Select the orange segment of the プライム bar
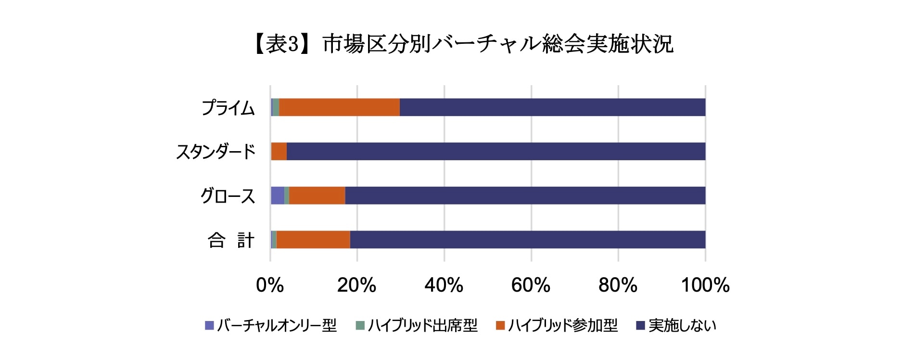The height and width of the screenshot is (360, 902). click(x=339, y=107)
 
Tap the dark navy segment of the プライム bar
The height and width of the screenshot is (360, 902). click(x=552, y=107)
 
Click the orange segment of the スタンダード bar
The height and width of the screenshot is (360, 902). click(x=279, y=152)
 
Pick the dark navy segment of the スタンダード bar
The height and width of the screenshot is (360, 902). click(x=495, y=152)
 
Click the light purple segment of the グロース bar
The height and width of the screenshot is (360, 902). click(x=277, y=196)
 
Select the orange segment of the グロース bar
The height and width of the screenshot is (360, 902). click(x=317, y=196)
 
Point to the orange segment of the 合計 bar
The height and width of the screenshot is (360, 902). click(x=313, y=240)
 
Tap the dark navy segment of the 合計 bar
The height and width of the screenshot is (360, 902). click(x=527, y=240)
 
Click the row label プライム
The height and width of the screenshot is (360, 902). click(x=228, y=108)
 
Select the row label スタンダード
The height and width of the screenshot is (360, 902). click(x=216, y=152)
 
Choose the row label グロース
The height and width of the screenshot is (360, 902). click(x=228, y=196)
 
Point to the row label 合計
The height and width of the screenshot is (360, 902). click(x=230, y=240)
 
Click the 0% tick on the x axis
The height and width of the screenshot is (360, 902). click(x=270, y=285)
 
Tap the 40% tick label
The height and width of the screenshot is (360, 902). click(x=444, y=285)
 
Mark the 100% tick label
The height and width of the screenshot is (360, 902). click(x=705, y=285)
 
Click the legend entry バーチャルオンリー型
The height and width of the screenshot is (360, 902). click(x=277, y=326)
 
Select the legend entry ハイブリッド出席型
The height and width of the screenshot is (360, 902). click(x=422, y=326)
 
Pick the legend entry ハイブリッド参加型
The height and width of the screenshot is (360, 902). click(x=562, y=326)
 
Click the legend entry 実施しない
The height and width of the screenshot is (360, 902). click(x=682, y=326)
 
